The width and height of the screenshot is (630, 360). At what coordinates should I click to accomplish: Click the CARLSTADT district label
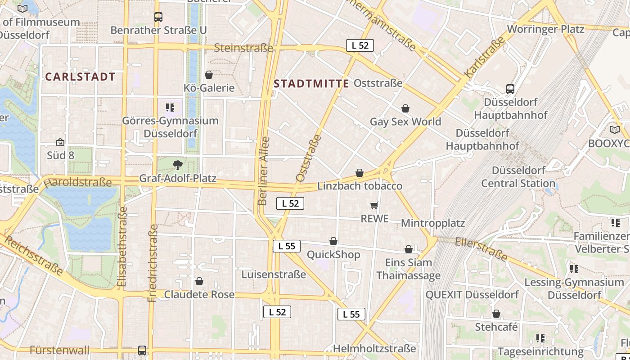tap(81, 77)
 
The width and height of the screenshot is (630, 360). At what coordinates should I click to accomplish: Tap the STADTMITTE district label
tap(311, 84)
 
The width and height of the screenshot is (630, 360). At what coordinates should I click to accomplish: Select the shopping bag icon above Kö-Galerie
tap(208, 75)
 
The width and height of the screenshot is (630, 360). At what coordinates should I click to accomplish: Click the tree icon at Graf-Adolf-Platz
tap(177, 165)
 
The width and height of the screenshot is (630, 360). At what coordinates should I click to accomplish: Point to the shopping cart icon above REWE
tap(374, 206)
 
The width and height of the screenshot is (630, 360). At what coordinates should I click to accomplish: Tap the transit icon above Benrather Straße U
tap(158, 17)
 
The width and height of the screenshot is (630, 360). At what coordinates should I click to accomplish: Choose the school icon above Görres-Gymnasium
tap(170, 108)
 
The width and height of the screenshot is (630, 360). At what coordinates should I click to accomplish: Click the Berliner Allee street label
tap(264, 171)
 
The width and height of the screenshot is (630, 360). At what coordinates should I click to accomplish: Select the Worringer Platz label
tap(545, 29)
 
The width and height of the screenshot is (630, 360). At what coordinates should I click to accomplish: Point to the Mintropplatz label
tap(433, 223)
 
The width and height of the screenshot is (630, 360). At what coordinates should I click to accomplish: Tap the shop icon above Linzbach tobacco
tap(360, 173)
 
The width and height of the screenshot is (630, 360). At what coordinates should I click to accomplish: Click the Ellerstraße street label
tap(481, 249)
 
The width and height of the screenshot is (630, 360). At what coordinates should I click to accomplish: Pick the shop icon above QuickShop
tap(333, 242)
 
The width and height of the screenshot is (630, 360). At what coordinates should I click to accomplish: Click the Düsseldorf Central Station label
tap(518, 177)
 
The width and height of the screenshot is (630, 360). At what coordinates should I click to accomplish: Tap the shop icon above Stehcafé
tap(496, 314)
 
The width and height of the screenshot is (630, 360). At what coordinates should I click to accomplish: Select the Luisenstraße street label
tap(274, 274)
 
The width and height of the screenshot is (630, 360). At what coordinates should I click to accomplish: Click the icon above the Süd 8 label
tap(60, 143)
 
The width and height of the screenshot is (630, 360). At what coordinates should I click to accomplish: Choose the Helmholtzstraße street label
tap(374, 349)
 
